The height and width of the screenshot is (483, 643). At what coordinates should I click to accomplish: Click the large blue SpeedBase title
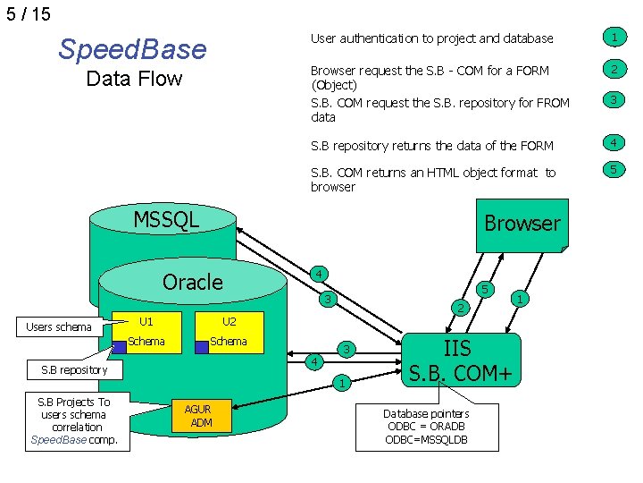(132, 49)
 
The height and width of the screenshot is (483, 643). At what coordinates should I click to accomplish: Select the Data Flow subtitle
(134, 79)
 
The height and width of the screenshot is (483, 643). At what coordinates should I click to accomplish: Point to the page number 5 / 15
(29, 14)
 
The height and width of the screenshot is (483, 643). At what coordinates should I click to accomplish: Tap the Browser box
(522, 225)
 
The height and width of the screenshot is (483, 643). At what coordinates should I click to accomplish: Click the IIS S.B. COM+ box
(461, 360)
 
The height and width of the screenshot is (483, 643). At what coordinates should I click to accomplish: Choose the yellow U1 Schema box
(146, 332)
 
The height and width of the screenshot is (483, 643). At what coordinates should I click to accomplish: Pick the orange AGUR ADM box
(201, 416)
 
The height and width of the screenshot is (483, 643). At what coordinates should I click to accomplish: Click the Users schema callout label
(59, 327)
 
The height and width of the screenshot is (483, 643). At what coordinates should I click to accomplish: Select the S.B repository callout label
(75, 370)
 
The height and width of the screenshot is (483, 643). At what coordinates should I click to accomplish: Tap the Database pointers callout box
(427, 428)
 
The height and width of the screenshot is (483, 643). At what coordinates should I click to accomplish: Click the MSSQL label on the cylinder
(166, 219)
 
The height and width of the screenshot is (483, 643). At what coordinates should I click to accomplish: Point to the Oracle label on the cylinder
(193, 282)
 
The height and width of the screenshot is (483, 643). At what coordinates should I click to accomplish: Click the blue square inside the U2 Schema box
(202, 347)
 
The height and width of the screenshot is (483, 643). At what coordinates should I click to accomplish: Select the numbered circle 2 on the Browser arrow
(461, 308)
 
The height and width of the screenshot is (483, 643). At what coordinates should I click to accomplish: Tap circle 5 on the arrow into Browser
(485, 290)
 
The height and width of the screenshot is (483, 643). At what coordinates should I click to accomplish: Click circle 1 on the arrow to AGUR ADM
(342, 383)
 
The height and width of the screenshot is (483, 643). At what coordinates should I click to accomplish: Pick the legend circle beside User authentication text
(614, 38)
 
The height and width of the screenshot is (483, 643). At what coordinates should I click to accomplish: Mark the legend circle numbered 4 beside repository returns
(614, 143)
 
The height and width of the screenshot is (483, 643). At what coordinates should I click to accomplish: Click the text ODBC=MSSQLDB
(427, 440)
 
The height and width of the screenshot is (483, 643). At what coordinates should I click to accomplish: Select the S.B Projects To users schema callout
(78, 422)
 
